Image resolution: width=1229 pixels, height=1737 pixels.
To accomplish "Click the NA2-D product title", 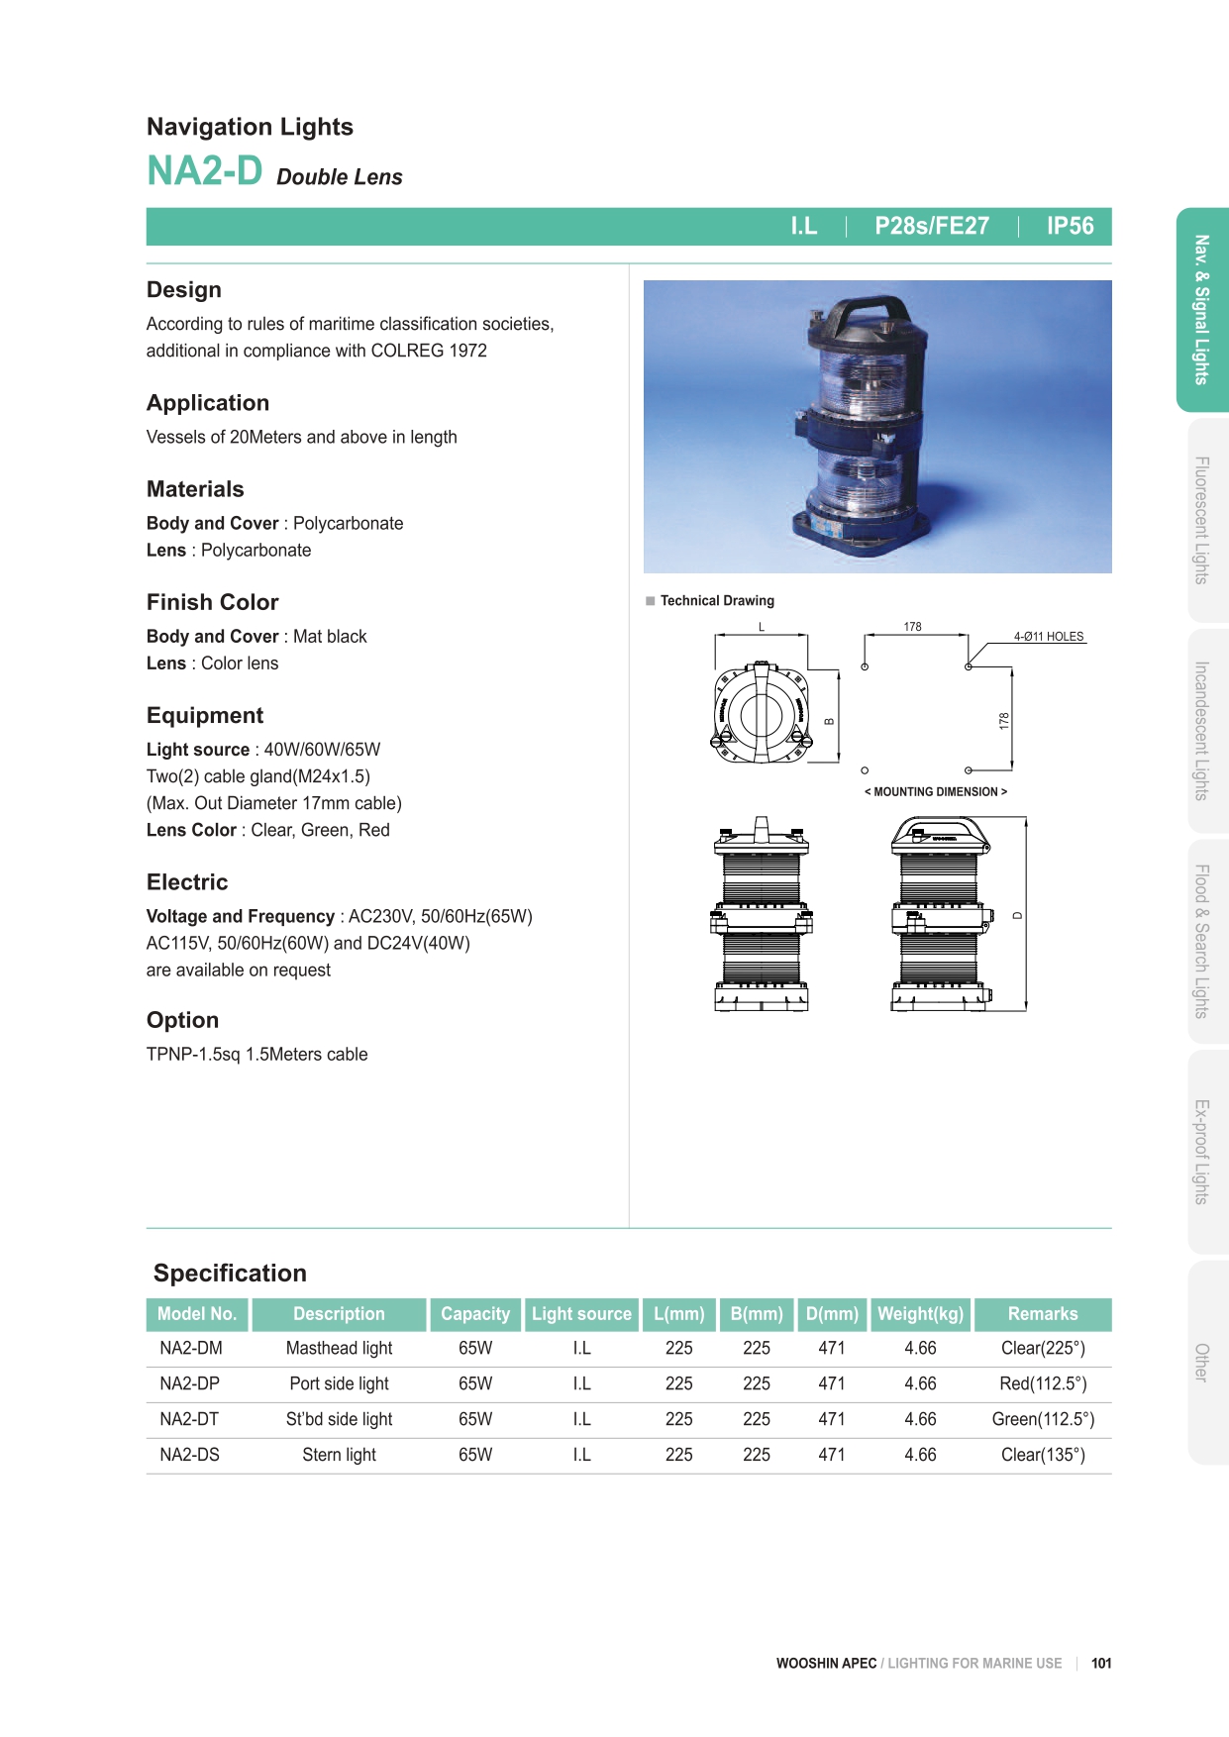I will (205, 171).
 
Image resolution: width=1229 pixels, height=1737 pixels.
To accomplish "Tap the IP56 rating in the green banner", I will (1070, 226).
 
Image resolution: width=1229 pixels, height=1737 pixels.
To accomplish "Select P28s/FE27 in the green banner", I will (931, 226).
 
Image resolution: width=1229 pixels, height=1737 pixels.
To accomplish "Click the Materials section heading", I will (195, 489).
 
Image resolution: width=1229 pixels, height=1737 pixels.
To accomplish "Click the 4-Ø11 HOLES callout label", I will (1048, 637).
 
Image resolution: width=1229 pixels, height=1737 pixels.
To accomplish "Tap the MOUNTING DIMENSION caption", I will (936, 792).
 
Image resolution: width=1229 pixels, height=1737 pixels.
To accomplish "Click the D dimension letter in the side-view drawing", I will (1017, 915).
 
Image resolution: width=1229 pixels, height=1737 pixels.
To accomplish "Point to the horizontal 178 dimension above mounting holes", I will (912, 627).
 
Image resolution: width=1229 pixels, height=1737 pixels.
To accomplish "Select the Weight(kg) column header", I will (920, 1314).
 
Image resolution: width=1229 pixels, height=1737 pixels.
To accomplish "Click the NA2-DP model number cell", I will (189, 1383).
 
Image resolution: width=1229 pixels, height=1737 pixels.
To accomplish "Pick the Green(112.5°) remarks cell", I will (1043, 1419).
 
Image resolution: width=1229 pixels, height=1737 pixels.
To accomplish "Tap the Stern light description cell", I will (339, 1455).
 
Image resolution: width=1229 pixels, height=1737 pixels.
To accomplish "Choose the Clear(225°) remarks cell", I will (1043, 1348).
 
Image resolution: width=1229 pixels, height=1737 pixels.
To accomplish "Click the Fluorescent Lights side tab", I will (1201, 520).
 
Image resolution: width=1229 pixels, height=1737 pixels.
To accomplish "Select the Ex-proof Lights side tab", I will (1201, 1152).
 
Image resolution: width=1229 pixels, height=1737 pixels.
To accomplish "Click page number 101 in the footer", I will (1101, 1664).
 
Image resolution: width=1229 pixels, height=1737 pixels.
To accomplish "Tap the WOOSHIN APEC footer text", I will (826, 1664).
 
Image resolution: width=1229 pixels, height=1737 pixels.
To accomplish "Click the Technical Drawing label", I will (717, 601).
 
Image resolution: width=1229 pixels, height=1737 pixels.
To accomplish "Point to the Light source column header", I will (581, 1314).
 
